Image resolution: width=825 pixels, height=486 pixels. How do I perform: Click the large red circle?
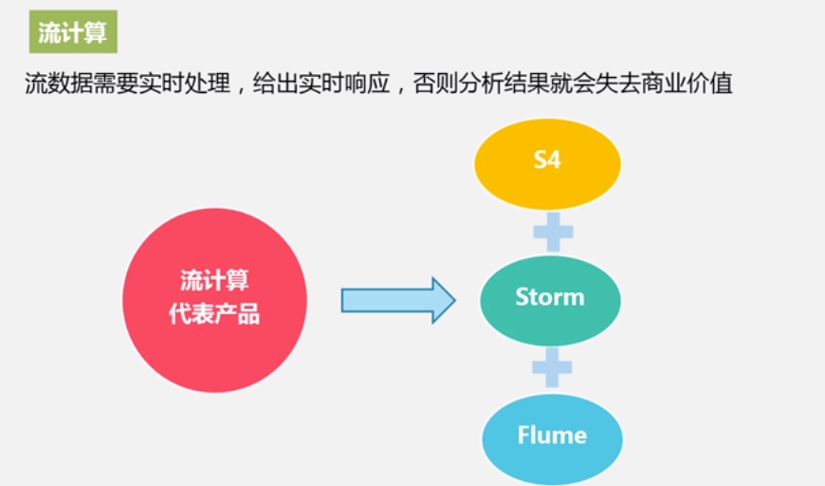(214, 299)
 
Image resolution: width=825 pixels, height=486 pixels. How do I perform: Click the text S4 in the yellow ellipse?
(547, 159)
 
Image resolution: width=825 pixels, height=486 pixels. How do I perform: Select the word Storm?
(550, 297)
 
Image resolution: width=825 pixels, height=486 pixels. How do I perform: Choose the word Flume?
(552, 436)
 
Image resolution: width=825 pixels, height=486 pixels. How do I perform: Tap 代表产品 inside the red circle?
(214, 314)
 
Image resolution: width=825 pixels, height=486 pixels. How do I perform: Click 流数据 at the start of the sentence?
(59, 84)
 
